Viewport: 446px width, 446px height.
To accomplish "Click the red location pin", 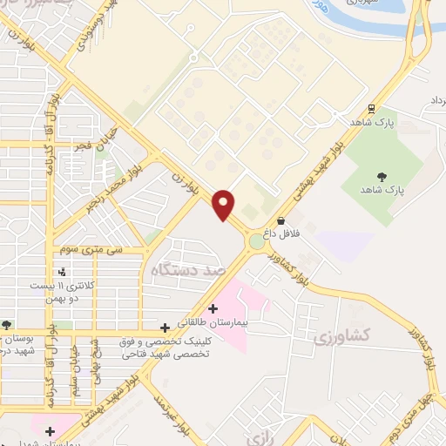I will [225, 203].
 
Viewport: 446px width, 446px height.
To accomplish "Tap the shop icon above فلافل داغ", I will [280, 221].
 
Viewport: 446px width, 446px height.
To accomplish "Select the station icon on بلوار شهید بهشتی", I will [372, 110].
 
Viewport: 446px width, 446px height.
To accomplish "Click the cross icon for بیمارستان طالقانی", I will [213, 308].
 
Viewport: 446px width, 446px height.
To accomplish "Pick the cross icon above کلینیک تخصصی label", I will [165, 328].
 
